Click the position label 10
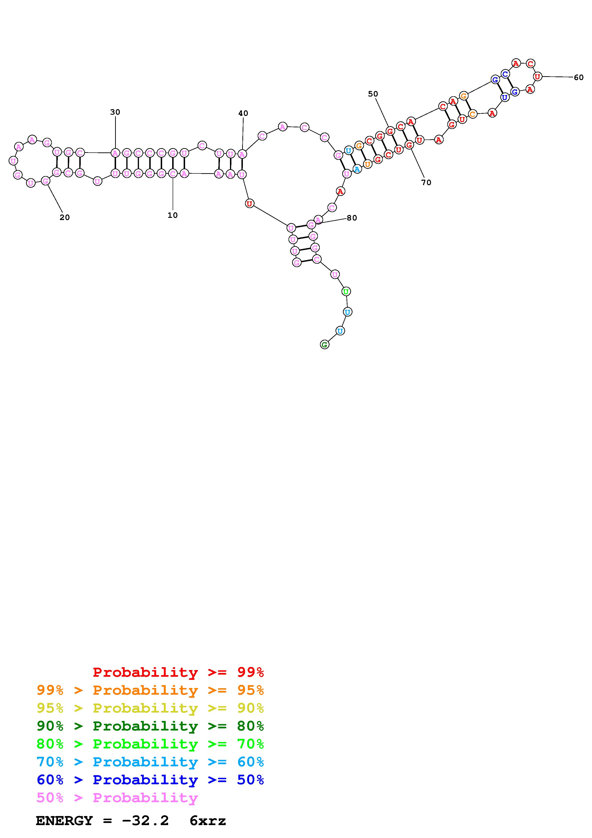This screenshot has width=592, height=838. [172, 215]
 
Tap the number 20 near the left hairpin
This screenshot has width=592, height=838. [64, 217]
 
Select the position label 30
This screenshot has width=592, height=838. [115, 112]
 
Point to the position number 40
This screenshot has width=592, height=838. [243, 113]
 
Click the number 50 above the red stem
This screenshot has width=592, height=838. [373, 94]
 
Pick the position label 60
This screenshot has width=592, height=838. [578, 77]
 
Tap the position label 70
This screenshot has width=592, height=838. [426, 183]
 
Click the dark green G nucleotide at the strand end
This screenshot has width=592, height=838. [324, 344]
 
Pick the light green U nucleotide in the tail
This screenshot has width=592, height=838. [346, 291]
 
